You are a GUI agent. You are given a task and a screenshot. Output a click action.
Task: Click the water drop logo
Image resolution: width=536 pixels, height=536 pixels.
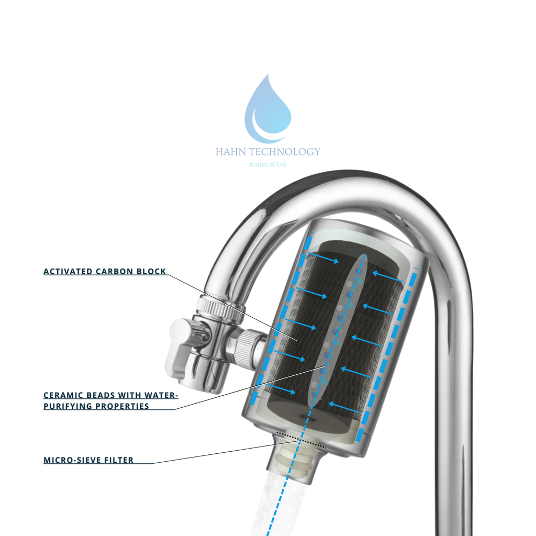click(x=267, y=109)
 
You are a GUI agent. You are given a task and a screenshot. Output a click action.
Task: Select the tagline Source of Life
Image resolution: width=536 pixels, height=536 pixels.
click(x=267, y=164)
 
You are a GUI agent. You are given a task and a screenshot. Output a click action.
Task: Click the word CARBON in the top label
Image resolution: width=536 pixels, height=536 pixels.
click(x=114, y=272)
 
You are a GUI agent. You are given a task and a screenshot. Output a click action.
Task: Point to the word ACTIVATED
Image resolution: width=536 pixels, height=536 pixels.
click(x=68, y=272)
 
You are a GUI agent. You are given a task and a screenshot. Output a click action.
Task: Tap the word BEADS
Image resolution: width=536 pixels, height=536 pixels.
click(x=100, y=395)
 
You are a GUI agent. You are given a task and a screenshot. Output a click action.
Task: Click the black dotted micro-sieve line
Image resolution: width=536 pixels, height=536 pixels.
click(x=301, y=440)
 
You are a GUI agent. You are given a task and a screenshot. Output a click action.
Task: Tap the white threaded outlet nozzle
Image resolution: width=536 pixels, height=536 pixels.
click(x=295, y=461)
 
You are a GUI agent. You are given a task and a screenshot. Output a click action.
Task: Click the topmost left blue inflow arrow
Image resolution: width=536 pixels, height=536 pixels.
click(x=323, y=258)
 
